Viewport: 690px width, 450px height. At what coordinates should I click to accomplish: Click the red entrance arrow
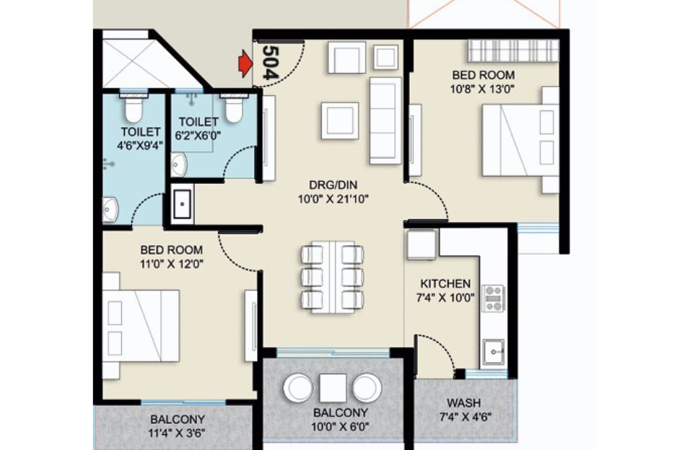pyautogui.click(x=245, y=66)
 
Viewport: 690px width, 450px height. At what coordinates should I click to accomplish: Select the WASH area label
pyautogui.click(x=464, y=402)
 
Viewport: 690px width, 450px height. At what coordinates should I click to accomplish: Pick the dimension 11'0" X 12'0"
pyautogui.click(x=171, y=264)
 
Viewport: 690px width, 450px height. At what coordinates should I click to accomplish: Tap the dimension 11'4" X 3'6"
pyautogui.click(x=177, y=433)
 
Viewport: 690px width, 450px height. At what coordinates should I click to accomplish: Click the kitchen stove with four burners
pyautogui.click(x=494, y=299)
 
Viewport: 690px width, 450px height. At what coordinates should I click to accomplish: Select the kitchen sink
pyautogui.click(x=494, y=352)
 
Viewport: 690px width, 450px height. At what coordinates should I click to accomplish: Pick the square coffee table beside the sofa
pyautogui.click(x=340, y=120)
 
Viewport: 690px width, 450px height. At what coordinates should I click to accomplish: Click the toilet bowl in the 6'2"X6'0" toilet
pyautogui.click(x=233, y=110)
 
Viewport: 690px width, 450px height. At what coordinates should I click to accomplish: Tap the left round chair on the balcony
pyautogui.click(x=298, y=388)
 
